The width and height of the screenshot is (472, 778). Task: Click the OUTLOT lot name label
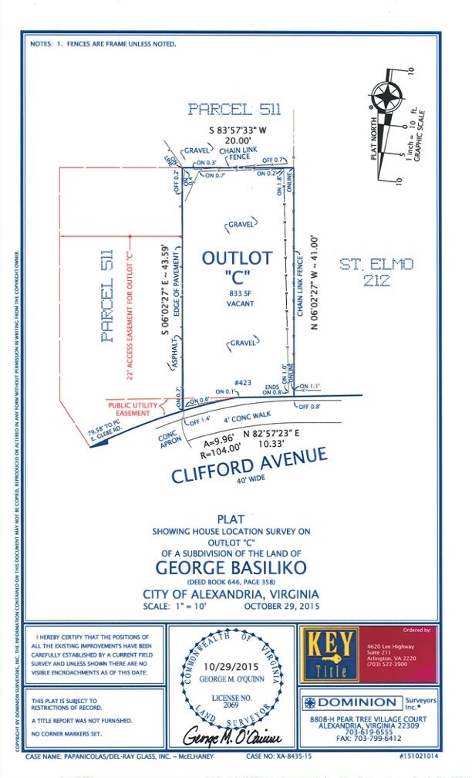237,259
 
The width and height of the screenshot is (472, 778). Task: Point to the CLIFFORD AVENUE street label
248,466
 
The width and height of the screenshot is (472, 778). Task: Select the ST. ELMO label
376,265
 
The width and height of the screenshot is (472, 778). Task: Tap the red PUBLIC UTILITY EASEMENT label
133,409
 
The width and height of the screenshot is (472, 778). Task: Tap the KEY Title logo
329,655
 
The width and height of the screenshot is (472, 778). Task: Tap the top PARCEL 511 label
234,110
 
